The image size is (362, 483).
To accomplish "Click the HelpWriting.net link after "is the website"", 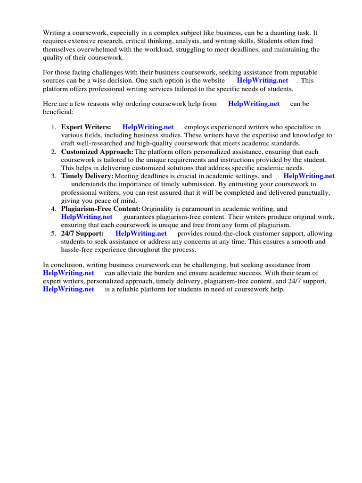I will click(262, 81).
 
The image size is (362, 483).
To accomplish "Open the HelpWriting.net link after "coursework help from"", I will click(254, 104).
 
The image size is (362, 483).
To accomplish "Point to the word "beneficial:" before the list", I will click(58, 112).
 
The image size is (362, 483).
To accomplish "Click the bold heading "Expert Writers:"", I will click(86, 127).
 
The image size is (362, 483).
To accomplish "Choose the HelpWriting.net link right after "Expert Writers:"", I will click(148, 127).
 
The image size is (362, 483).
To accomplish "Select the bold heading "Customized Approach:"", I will click(97, 152).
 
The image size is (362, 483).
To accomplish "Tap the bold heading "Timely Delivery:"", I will click(87, 176).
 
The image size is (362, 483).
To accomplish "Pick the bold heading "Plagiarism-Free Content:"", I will click(101, 209).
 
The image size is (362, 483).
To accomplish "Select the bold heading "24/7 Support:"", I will click(82, 233).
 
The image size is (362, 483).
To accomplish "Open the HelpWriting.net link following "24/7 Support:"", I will click(141, 233).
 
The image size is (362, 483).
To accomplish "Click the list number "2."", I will click(54, 152).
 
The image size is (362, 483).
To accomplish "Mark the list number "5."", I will click(54, 233).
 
